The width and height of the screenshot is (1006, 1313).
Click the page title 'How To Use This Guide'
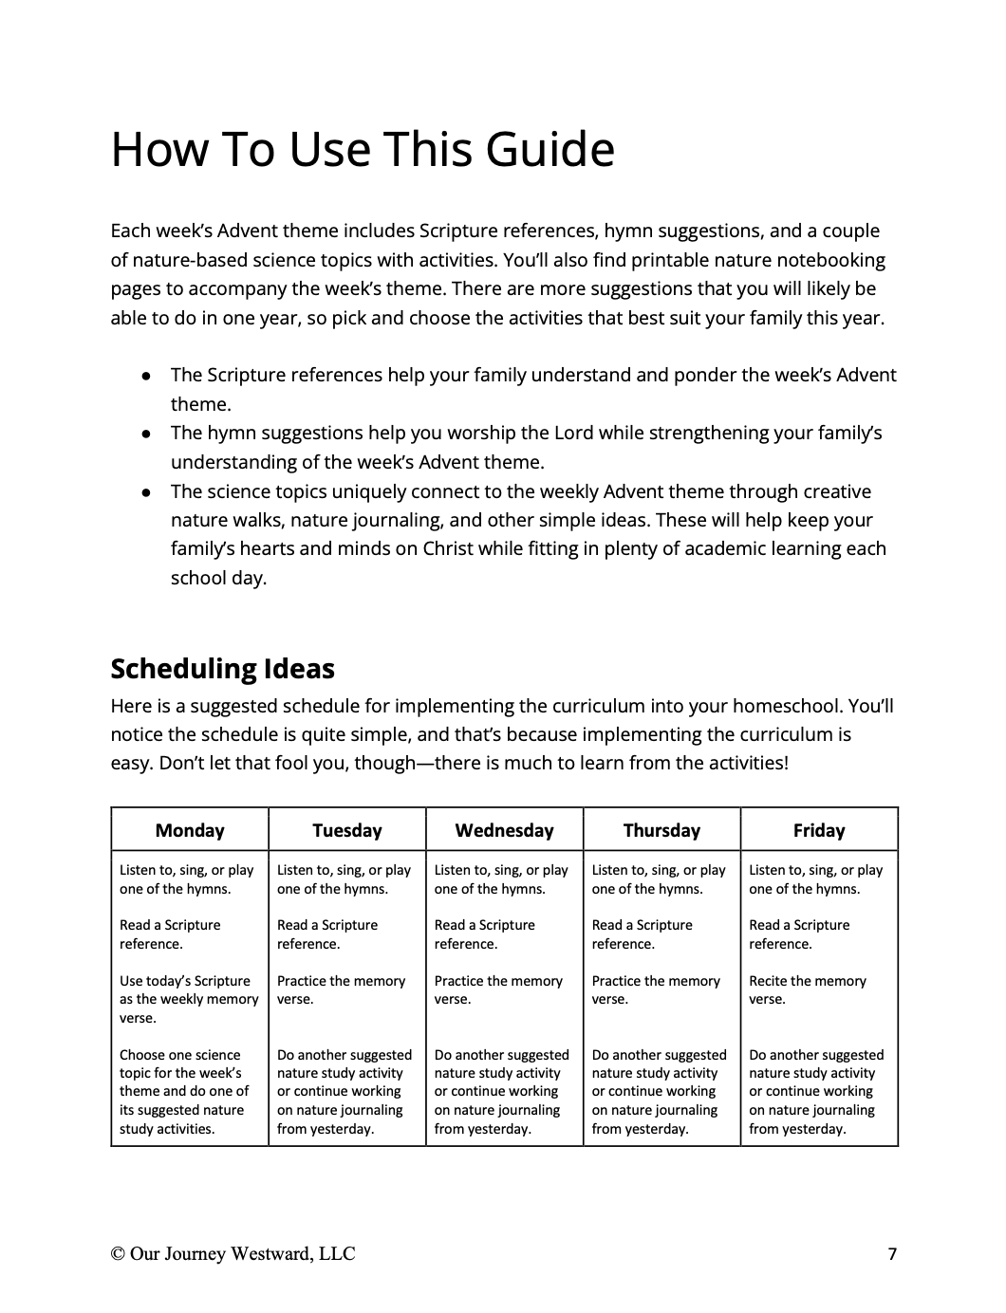coord(363,150)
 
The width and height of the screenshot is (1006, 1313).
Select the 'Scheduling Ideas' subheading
coord(222,669)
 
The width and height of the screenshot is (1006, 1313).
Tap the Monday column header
coord(190,830)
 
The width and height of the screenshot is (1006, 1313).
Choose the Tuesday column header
coord(347,830)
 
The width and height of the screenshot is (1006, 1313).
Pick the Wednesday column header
coord(504,830)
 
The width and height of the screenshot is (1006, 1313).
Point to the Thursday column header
coord(661,830)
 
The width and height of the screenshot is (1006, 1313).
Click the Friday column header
coord(819,830)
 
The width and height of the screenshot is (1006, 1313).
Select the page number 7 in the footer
coord(892,1254)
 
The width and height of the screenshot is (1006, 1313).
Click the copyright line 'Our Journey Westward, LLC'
coord(233,1254)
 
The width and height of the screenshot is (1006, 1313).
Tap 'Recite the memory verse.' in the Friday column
coord(808,989)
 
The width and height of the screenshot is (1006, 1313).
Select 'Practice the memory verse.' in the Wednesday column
coord(498,989)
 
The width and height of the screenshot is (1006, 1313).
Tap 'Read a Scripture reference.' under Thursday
coord(643,934)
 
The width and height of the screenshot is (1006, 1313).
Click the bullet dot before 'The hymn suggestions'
coord(146,435)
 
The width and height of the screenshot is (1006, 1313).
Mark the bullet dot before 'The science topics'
coord(146,492)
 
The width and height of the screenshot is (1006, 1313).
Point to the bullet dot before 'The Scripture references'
coord(146,376)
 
